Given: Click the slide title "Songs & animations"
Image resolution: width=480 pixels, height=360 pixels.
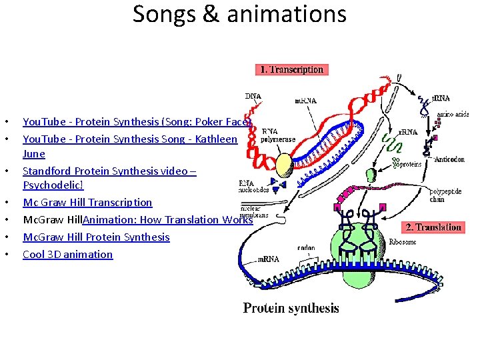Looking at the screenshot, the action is tap(239, 15).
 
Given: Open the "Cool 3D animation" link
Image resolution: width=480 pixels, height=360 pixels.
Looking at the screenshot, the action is tap(67, 254).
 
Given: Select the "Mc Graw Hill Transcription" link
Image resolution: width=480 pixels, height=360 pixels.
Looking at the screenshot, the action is tap(87, 202).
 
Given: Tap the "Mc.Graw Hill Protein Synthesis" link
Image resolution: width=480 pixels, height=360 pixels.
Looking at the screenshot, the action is tap(96, 237).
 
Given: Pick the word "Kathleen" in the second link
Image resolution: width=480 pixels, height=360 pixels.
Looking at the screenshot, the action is tap(214, 139).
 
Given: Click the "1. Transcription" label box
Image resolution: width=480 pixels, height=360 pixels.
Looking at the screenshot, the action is tap(291, 69).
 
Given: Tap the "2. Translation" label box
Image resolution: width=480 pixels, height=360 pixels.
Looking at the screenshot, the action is tap(434, 227).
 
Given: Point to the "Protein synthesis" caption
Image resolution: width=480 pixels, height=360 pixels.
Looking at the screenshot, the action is tap(291, 308).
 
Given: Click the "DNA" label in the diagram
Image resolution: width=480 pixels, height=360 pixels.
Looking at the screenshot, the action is tap(253, 97).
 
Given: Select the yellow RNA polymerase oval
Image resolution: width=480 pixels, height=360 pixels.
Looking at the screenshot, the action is tap(285, 164).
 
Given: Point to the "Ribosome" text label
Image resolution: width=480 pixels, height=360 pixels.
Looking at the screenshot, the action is tap(402, 242).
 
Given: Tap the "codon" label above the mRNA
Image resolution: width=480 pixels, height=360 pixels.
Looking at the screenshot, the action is tap(307, 247).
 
